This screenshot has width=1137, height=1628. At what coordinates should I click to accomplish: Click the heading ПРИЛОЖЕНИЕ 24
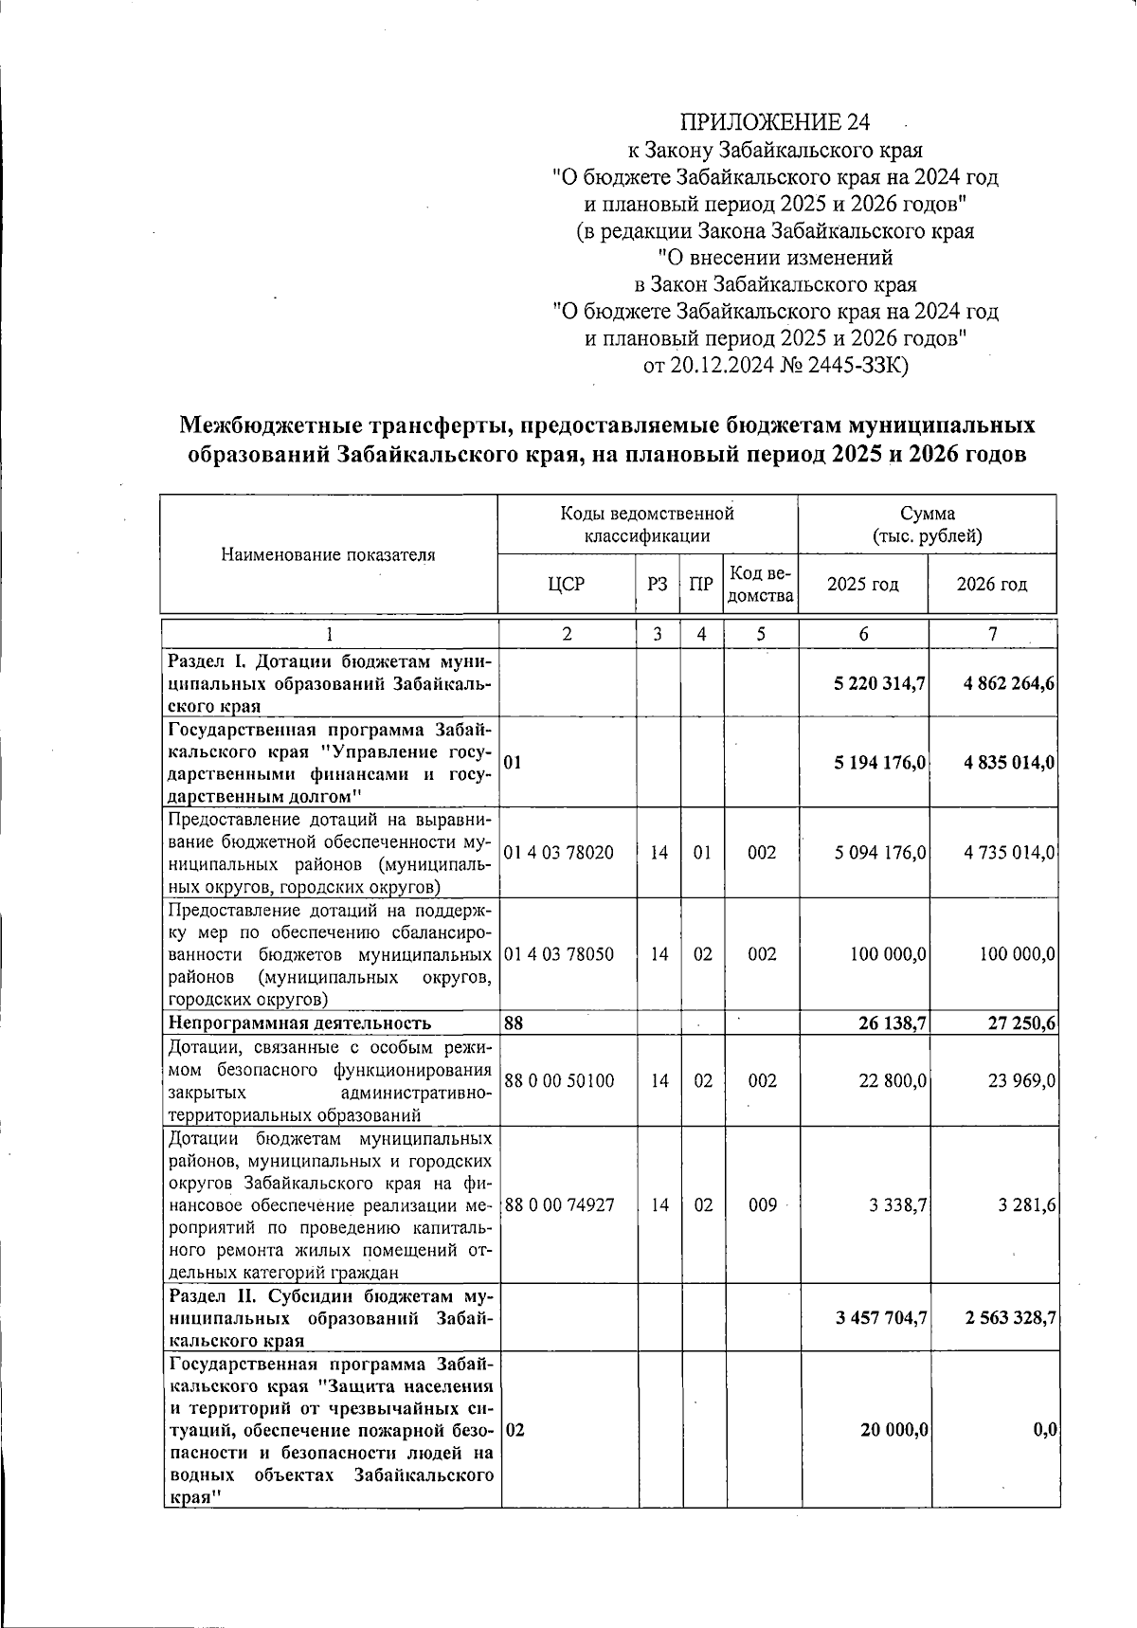[774, 122]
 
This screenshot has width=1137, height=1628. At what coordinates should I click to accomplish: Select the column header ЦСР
[566, 584]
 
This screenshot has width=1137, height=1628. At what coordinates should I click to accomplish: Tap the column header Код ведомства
[760, 585]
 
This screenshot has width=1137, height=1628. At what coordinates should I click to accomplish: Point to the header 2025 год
[862, 584]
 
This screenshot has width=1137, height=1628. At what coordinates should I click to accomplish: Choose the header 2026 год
[991, 584]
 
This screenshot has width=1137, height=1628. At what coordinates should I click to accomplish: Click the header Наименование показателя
[328, 555]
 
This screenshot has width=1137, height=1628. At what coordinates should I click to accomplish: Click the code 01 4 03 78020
[558, 853]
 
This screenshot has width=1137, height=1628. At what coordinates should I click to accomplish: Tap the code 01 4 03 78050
[558, 954]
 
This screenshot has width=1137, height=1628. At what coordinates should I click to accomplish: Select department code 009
[762, 1205]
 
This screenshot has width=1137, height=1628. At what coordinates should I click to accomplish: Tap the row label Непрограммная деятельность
[299, 1023]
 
